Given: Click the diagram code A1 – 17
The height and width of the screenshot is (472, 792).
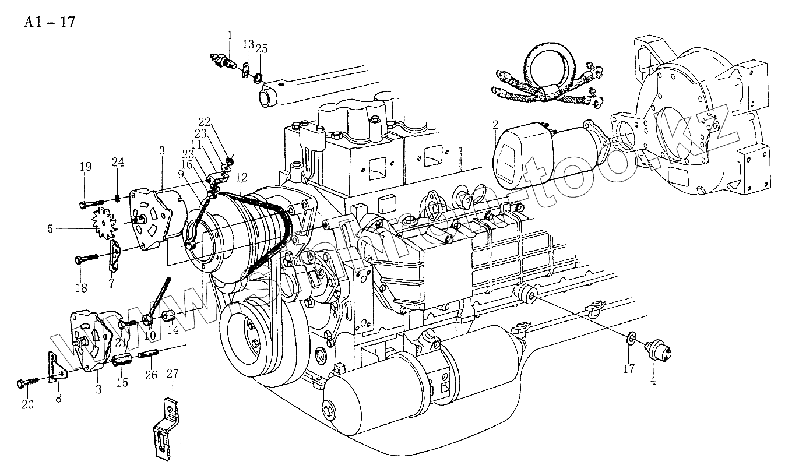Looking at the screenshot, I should coord(49,23).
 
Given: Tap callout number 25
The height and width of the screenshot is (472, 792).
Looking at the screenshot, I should coord(261,50).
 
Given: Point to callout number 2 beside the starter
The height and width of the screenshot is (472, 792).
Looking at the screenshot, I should coord(495,125).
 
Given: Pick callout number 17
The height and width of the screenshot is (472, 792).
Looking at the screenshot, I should coord(629,368).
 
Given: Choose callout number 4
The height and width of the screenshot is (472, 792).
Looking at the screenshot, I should coord(653,381).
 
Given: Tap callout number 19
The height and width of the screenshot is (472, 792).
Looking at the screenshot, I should coord(86,167).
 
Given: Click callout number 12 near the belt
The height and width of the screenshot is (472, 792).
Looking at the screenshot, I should coord(241,177).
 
